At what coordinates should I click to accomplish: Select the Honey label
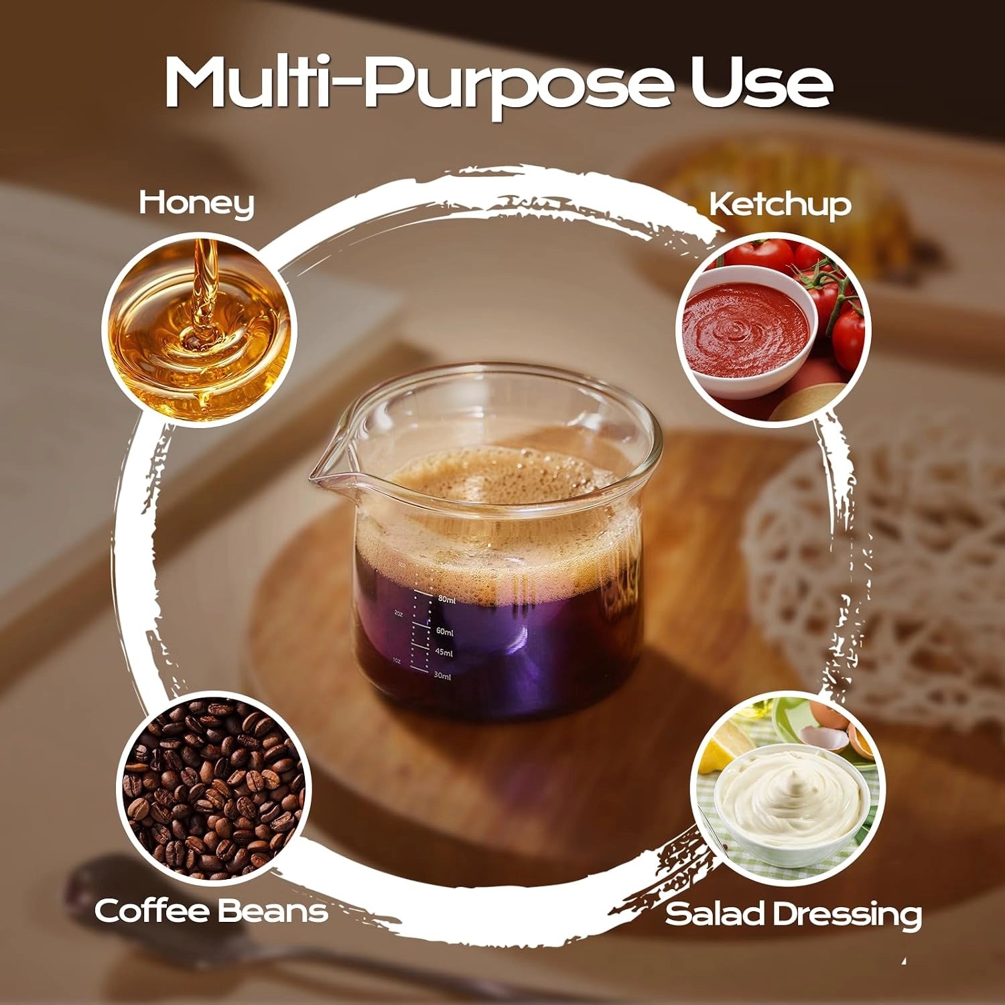(196, 203)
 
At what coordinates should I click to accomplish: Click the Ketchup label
(780, 204)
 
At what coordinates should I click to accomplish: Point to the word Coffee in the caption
(151, 911)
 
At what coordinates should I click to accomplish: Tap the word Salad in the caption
(712, 914)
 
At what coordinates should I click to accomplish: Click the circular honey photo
(198, 330)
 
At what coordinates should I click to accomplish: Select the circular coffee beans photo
(214, 787)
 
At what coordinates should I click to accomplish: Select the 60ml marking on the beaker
(445, 632)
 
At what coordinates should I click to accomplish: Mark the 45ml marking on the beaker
(444, 653)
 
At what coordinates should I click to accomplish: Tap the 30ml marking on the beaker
(442, 676)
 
